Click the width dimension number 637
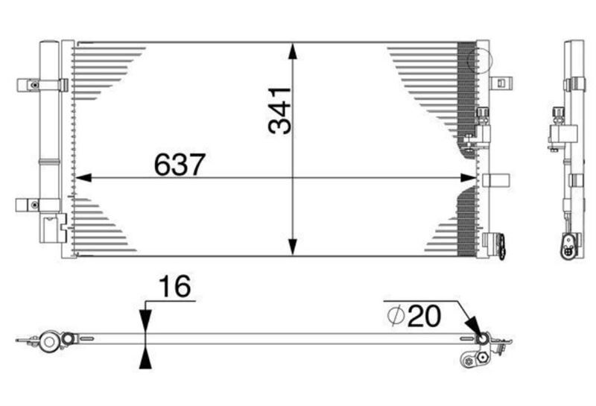pos(180,165)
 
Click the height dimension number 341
pos(280,110)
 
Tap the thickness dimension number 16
pos(175,286)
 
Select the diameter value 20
pos(424,316)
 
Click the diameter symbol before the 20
pos(396,316)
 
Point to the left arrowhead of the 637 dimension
pos(83,177)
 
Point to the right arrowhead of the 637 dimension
pos(468,177)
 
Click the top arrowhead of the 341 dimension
pos(292,51)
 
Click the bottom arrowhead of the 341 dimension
pos(292,247)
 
